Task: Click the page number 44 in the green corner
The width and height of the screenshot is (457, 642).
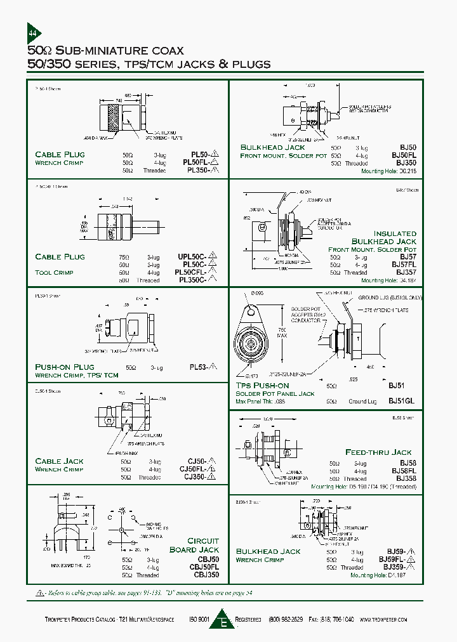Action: [33, 33]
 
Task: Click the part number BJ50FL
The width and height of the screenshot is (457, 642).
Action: [404, 155]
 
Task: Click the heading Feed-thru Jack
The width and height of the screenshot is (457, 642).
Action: [378, 452]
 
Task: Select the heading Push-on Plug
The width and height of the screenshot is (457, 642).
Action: [64, 367]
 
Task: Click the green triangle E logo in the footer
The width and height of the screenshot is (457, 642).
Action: [223, 619]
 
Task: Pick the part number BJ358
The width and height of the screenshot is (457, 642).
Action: [404, 479]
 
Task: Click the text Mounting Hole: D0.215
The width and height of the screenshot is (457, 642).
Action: [388, 171]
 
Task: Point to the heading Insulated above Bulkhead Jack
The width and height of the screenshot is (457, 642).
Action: [394, 233]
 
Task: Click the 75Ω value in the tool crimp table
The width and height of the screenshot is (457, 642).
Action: [124, 257]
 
